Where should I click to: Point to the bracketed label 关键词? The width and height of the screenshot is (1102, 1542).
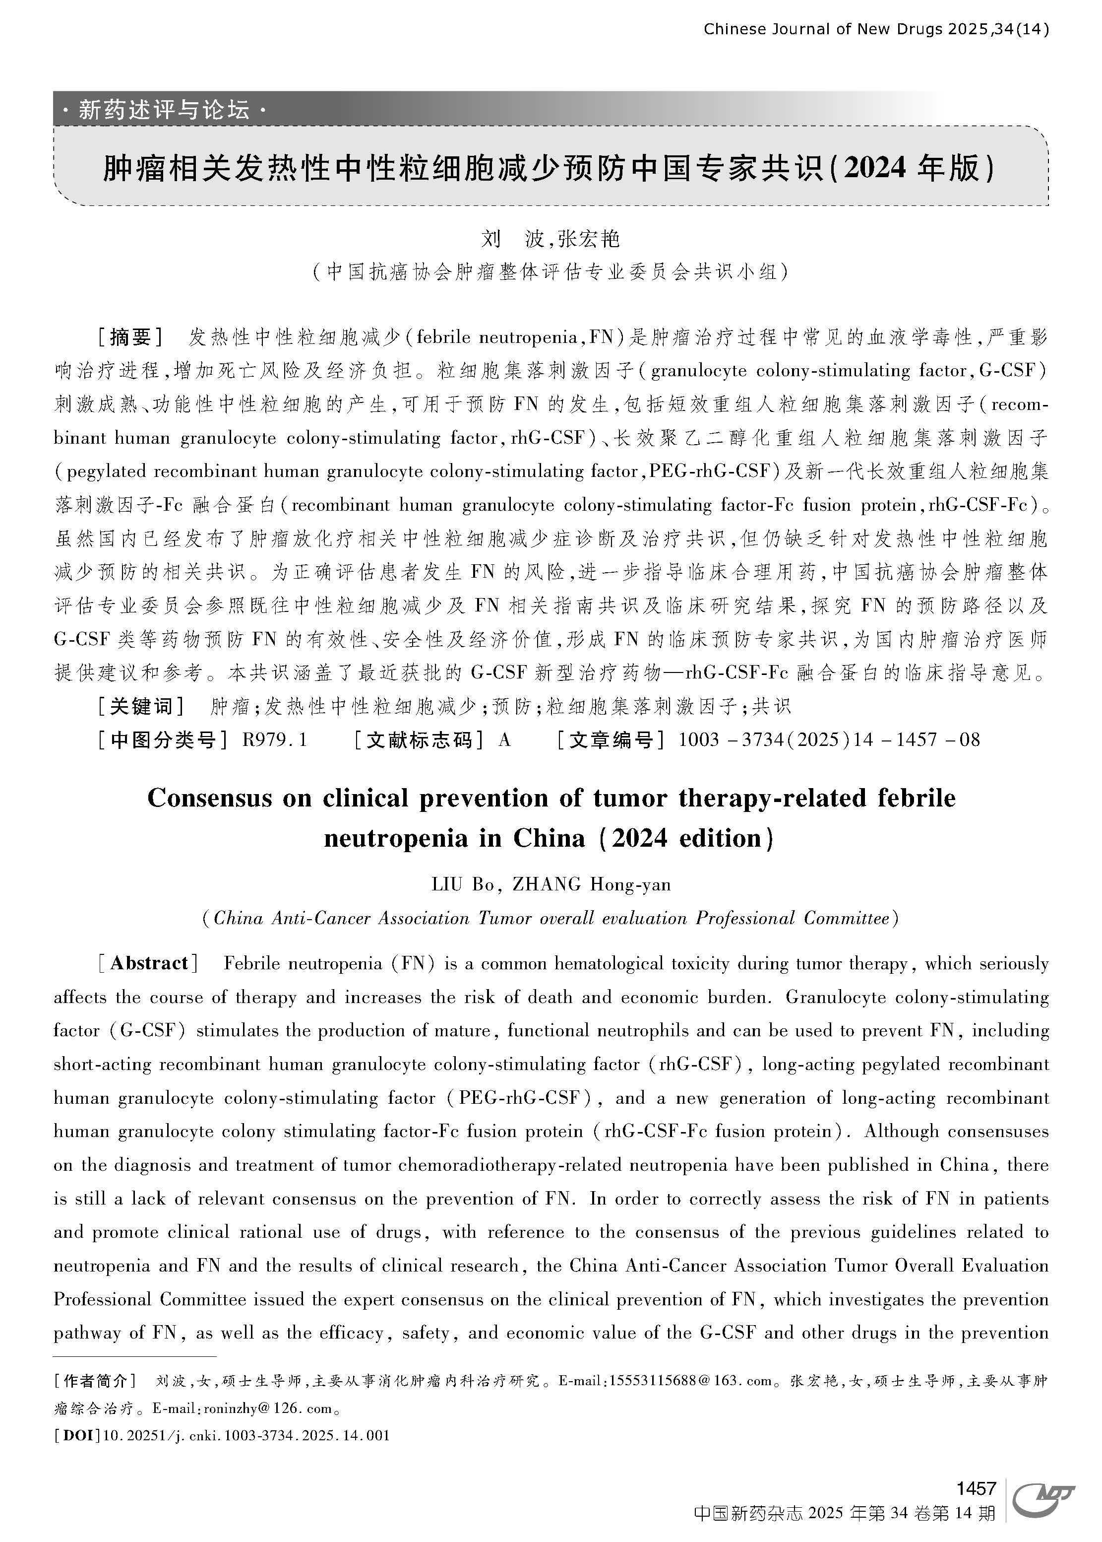(x=141, y=707)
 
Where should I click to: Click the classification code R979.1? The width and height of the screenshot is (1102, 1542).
(x=274, y=739)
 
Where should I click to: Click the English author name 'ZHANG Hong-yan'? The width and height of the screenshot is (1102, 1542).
(x=591, y=884)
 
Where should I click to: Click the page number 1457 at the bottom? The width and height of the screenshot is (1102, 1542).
(x=976, y=1489)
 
